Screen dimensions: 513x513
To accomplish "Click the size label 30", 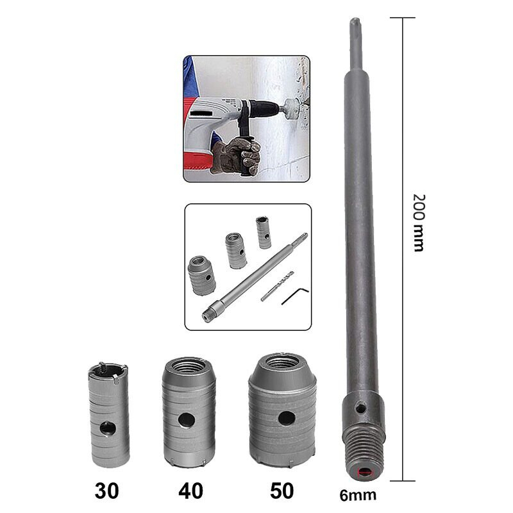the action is [x=106, y=491].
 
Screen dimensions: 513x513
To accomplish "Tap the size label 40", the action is [x=190, y=491].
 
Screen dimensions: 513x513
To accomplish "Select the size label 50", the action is [x=282, y=491].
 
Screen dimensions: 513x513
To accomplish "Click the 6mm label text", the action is [x=358, y=495].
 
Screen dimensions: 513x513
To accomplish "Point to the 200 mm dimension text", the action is [x=419, y=223].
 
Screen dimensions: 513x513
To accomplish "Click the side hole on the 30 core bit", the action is [x=108, y=428].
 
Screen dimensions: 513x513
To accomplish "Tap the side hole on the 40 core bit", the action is [x=186, y=420].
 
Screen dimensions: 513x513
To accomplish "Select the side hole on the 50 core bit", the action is [x=287, y=419].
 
